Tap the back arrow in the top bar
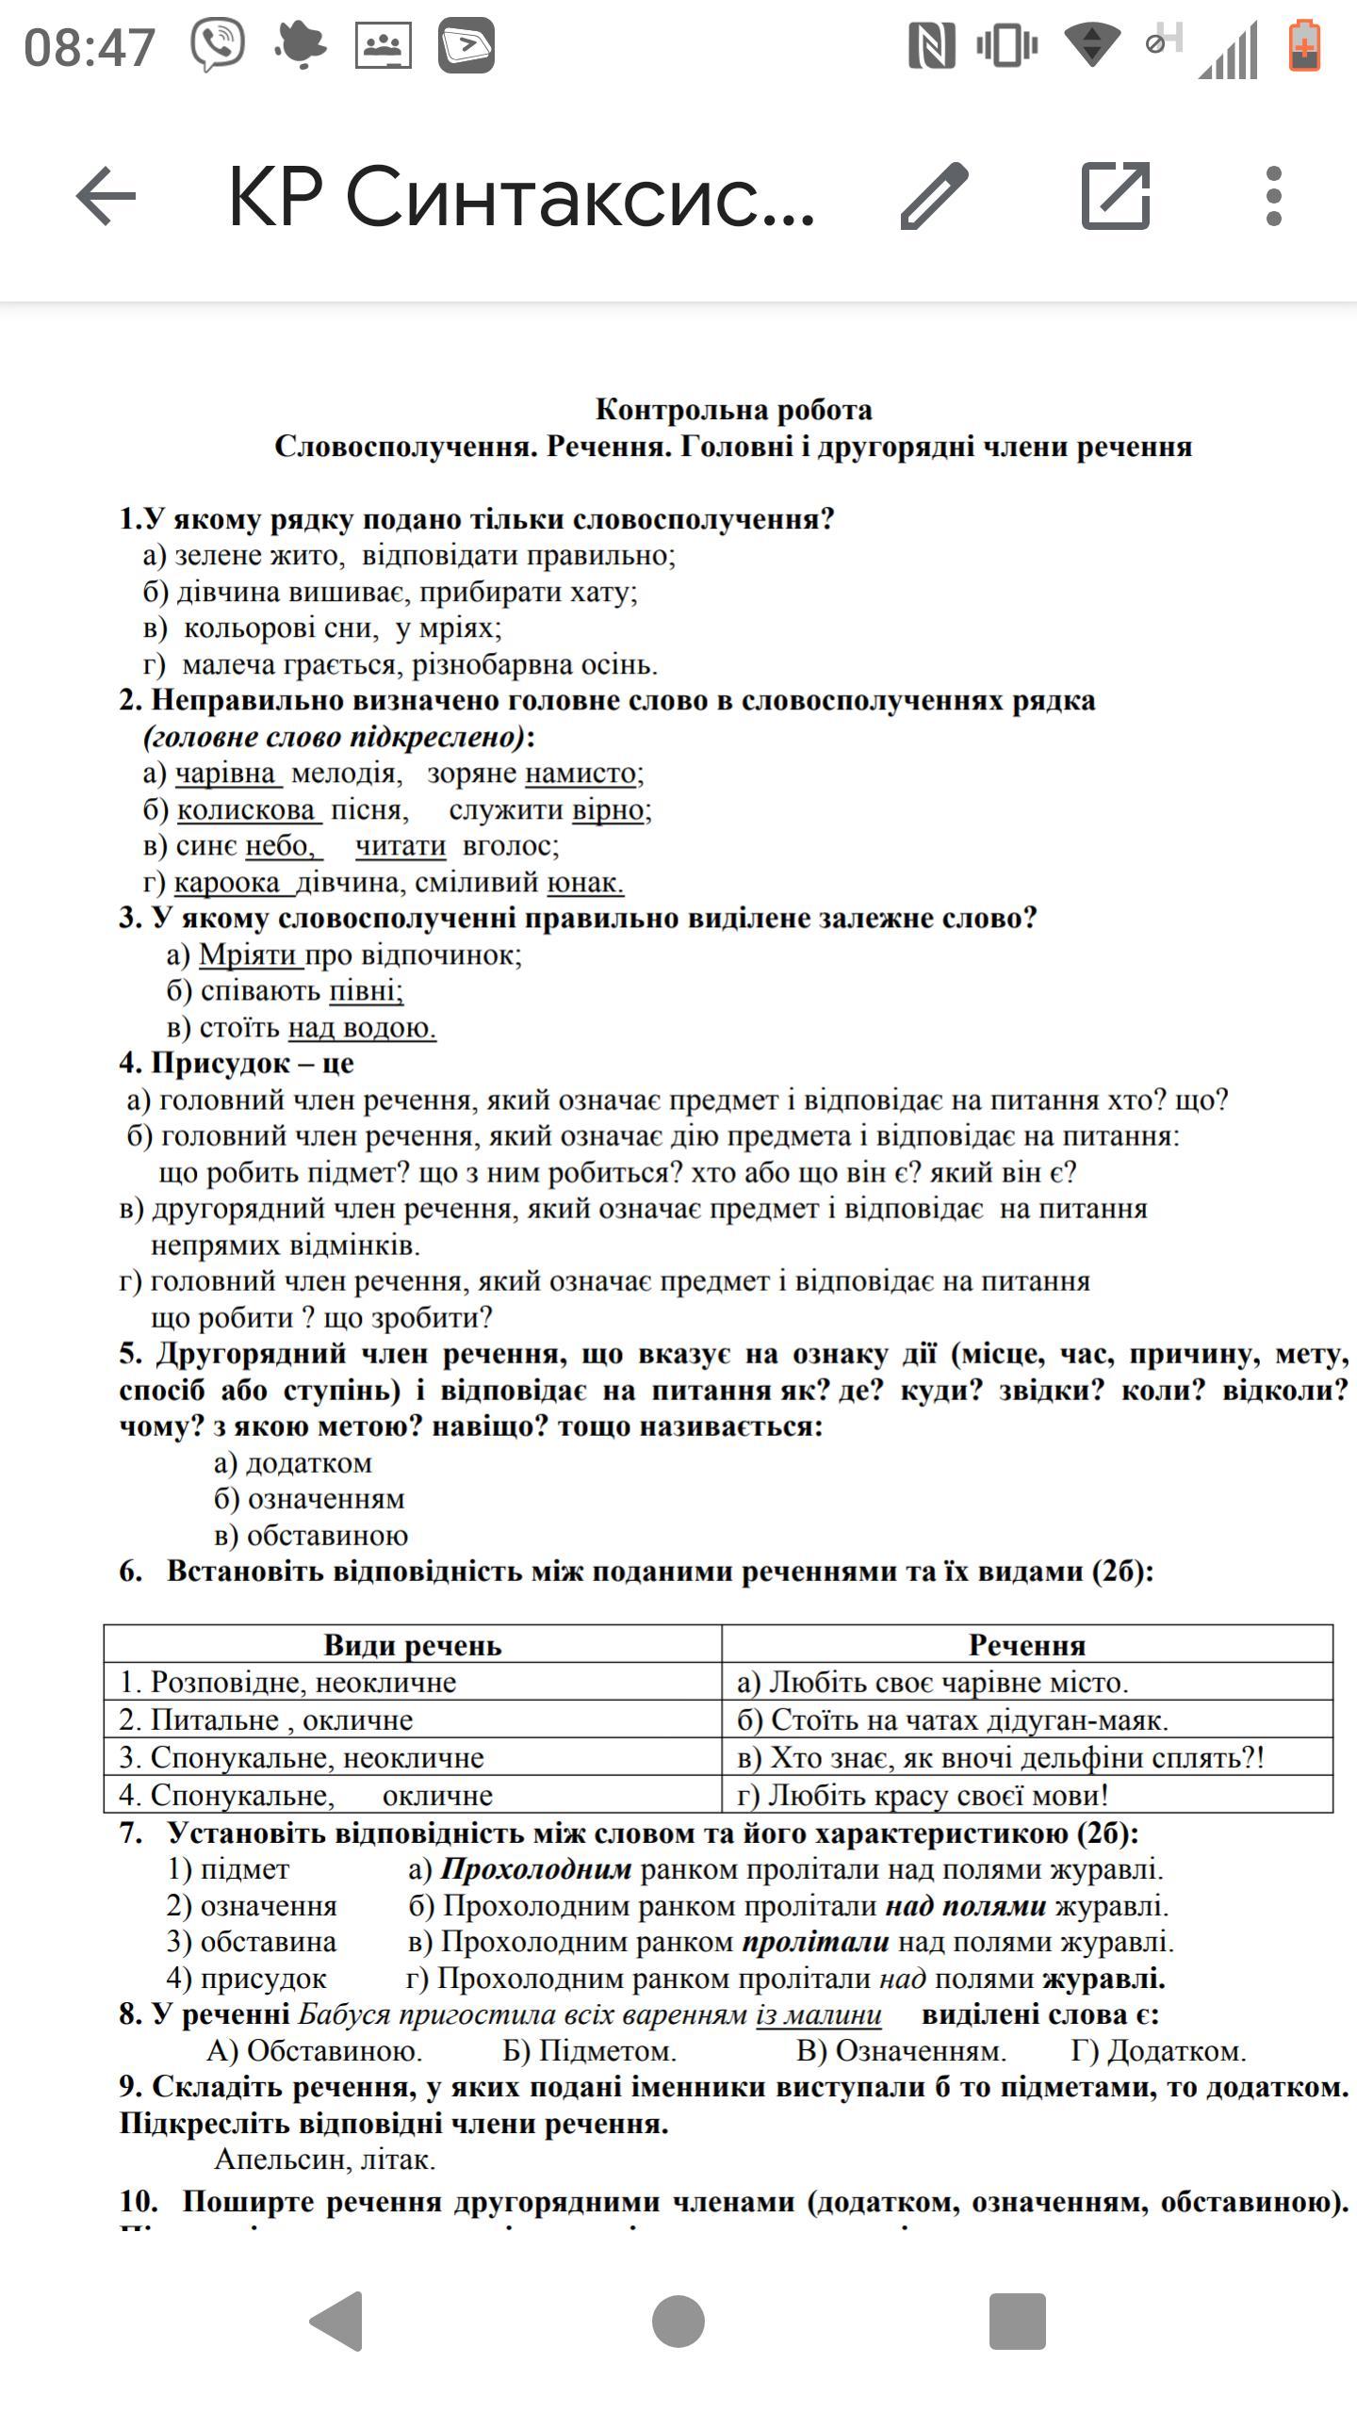tap(106, 196)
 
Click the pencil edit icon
tap(934, 196)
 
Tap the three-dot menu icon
tap(1273, 196)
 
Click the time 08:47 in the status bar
tap(90, 47)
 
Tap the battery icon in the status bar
tap(1304, 45)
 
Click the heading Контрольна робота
tap(733, 410)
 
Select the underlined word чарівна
tap(226, 774)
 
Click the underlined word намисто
tap(580, 774)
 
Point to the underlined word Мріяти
tap(250, 955)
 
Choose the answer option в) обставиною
tap(311, 1536)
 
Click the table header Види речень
tap(412, 1646)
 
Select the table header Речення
tap(1027, 1646)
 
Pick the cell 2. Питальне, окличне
tap(267, 1720)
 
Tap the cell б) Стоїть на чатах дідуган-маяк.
tap(952, 1720)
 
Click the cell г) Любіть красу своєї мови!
tap(924, 1796)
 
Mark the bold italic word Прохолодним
tap(536, 1870)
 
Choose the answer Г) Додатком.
tap(1158, 2052)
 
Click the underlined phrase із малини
tap(819, 2015)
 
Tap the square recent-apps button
tap(1017, 2322)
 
